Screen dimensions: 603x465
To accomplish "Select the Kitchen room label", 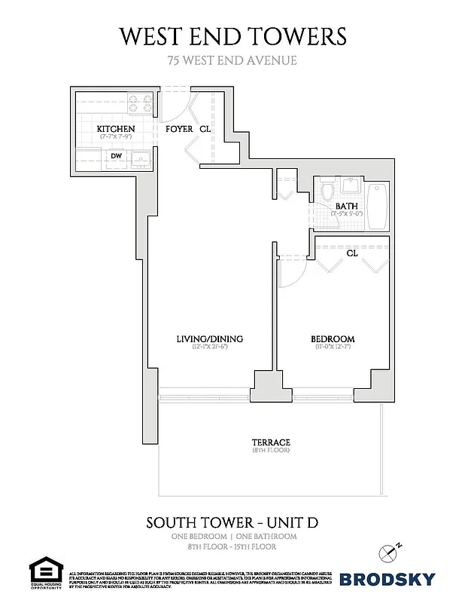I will coord(116,130).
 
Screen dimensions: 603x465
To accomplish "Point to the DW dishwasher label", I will coord(117,157).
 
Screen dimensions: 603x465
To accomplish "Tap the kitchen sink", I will coord(139,159).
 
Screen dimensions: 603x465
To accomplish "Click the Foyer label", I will coord(178,130).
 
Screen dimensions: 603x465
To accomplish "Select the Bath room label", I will coord(346,206).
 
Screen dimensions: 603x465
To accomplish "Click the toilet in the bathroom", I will coord(327,193).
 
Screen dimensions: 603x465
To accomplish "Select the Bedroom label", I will coord(332,338).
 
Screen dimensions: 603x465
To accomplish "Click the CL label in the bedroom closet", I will coord(351,253).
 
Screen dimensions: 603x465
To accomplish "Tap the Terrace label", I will coord(271,442).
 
